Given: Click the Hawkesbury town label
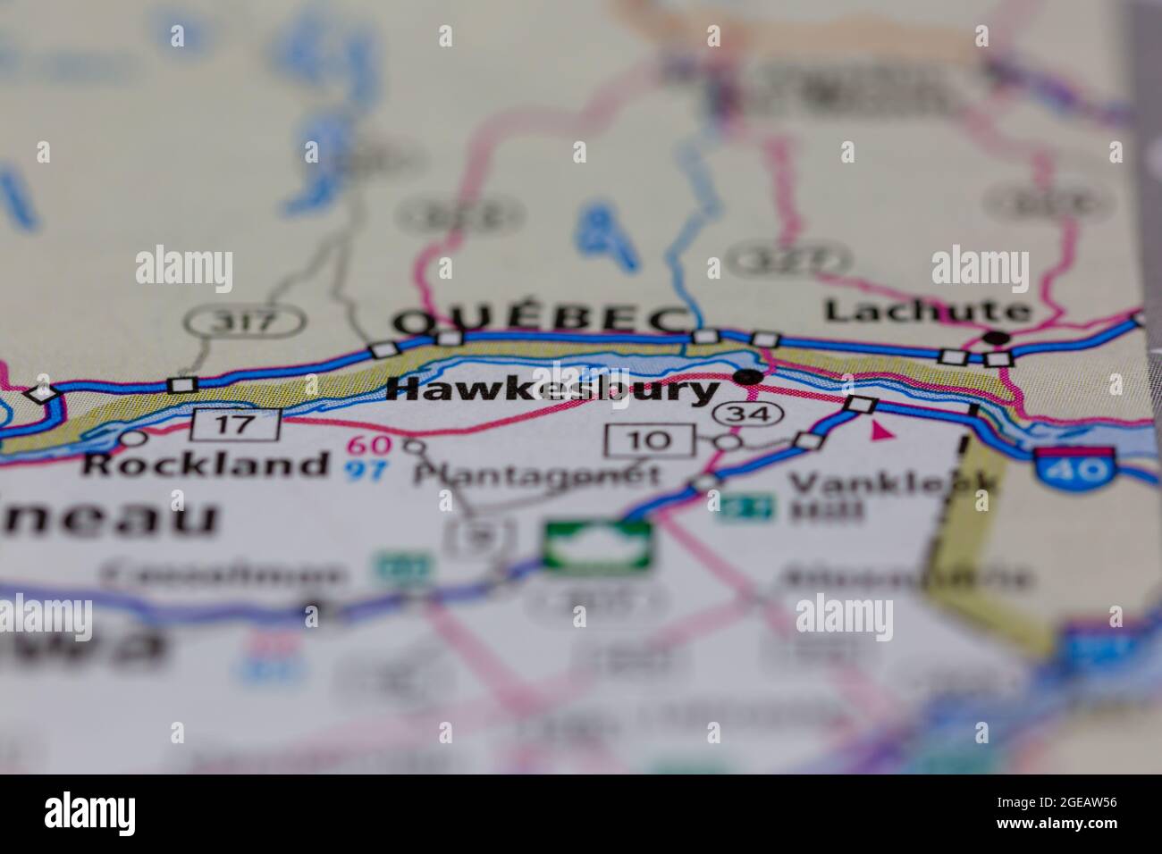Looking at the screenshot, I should point(554,390).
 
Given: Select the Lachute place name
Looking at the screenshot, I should point(926,311).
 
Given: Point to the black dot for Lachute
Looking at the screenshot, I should point(998,339).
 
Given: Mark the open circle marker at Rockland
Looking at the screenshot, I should point(133,439).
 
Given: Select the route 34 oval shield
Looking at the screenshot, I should point(748,414).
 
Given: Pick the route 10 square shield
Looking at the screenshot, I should point(650,440).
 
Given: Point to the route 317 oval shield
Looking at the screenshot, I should point(244,322).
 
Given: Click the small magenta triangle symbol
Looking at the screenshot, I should point(882,432).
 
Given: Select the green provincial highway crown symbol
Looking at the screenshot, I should point(598,546).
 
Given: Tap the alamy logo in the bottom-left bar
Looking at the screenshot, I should point(90,813).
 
